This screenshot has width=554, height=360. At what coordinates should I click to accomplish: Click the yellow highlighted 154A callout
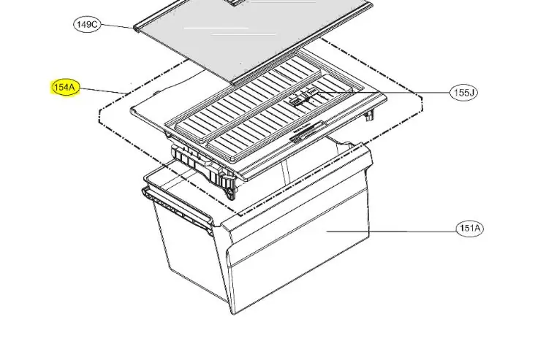pyautogui.click(x=65, y=87)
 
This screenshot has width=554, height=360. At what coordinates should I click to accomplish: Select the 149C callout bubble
pyautogui.click(x=87, y=25)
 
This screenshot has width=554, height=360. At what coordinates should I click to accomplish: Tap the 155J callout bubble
pyautogui.click(x=464, y=93)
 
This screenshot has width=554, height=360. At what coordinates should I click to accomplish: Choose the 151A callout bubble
pyautogui.click(x=470, y=229)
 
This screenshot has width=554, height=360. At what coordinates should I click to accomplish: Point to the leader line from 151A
pyautogui.click(x=391, y=231)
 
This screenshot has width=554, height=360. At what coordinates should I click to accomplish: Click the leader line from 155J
pyautogui.click(x=384, y=93)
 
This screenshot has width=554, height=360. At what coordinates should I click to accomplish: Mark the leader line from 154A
pyautogui.click(x=104, y=91)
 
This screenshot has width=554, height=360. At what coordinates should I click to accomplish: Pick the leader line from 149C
pyautogui.click(x=118, y=26)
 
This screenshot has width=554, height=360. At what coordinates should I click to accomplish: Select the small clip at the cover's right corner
pyautogui.click(x=370, y=115)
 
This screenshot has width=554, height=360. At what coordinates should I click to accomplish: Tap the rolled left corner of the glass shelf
pyautogui.click(x=137, y=28)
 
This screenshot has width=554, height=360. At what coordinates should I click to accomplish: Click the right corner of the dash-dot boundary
pyautogui.click(x=422, y=101)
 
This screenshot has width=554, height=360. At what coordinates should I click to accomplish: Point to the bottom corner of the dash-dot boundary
pyautogui.click(x=240, y=215)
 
